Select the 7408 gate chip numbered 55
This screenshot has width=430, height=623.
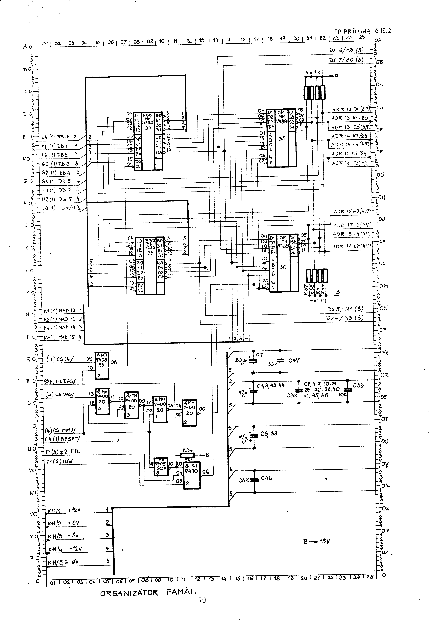101,365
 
